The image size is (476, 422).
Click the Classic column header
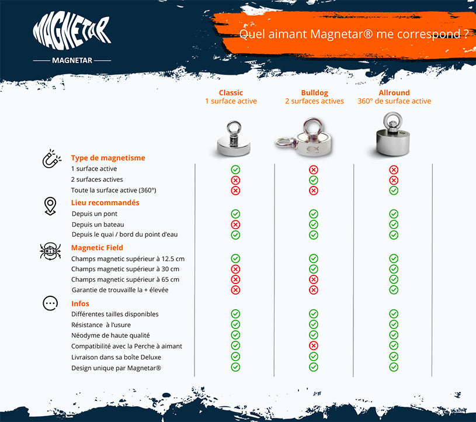[231, 93]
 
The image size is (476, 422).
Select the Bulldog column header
[314, 93]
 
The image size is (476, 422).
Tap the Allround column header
[394, 93]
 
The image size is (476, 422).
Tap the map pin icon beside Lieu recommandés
[51, 206]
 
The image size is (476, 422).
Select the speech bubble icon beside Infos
[51, 303]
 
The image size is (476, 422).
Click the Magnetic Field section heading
[97, 248]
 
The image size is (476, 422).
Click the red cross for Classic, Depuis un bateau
[235, 224]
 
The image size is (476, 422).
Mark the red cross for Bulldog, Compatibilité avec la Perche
[314, 345]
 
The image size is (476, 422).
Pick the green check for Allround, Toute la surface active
[394, 191]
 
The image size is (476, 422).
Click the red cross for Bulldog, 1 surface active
[314, 170]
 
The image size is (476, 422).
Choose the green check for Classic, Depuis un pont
[235, 214]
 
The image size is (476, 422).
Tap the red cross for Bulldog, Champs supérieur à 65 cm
[314, 279]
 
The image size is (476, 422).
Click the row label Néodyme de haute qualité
[111, 335]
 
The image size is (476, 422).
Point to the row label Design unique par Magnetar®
[116, 368]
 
